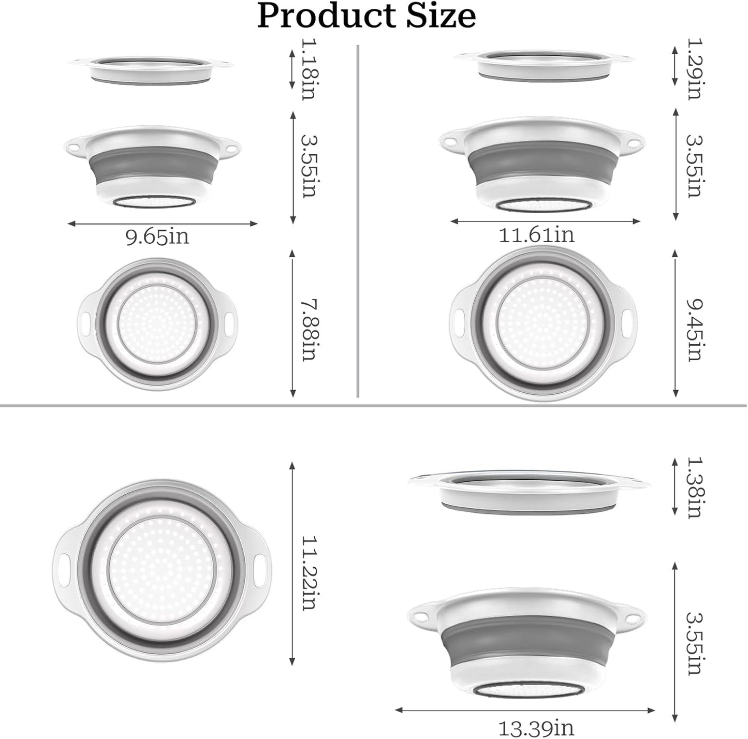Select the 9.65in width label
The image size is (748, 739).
point(157,237)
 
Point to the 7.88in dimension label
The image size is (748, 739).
point(309,330)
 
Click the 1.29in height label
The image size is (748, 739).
point(693,69)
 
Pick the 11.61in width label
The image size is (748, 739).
point(536,235)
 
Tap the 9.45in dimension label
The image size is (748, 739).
point(693,330)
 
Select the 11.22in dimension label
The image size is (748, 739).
point(309,572)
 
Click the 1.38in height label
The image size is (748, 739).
point(693,487)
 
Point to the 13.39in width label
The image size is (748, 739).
point(536,728)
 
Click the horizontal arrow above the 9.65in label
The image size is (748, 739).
point(163,224)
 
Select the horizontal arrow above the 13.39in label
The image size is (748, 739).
point(524,711)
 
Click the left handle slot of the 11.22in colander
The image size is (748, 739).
point(66,562)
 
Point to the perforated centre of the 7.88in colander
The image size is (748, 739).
point(158,323)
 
